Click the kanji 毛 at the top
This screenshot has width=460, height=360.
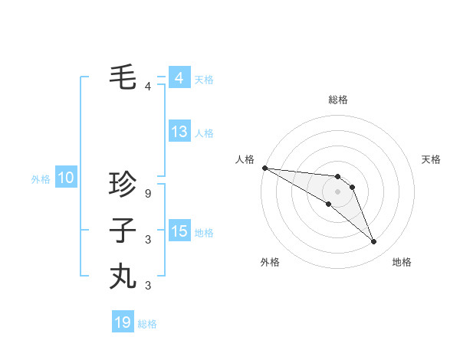123,77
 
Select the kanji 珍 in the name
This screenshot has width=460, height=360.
123,185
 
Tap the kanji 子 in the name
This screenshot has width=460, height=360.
123,230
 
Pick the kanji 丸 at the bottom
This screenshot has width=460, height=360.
123,276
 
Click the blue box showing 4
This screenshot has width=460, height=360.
179,77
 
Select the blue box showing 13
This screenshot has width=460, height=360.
179,132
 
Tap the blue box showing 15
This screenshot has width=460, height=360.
179,231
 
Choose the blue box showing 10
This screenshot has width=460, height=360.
66,178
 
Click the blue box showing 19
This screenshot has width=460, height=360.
123,322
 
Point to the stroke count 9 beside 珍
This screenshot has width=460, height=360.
148,194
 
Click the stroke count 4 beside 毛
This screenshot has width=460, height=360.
148,87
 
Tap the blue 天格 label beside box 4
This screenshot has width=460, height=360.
204,79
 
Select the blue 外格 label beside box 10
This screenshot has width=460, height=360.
41,179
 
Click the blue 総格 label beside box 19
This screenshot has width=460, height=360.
147,324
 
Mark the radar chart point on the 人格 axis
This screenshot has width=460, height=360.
264,168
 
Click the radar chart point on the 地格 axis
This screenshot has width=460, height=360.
374,242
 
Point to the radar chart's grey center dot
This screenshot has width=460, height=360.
337,191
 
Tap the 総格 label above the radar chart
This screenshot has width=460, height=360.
337,100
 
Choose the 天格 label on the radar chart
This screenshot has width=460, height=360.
432,159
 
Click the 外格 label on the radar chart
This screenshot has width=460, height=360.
270,262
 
